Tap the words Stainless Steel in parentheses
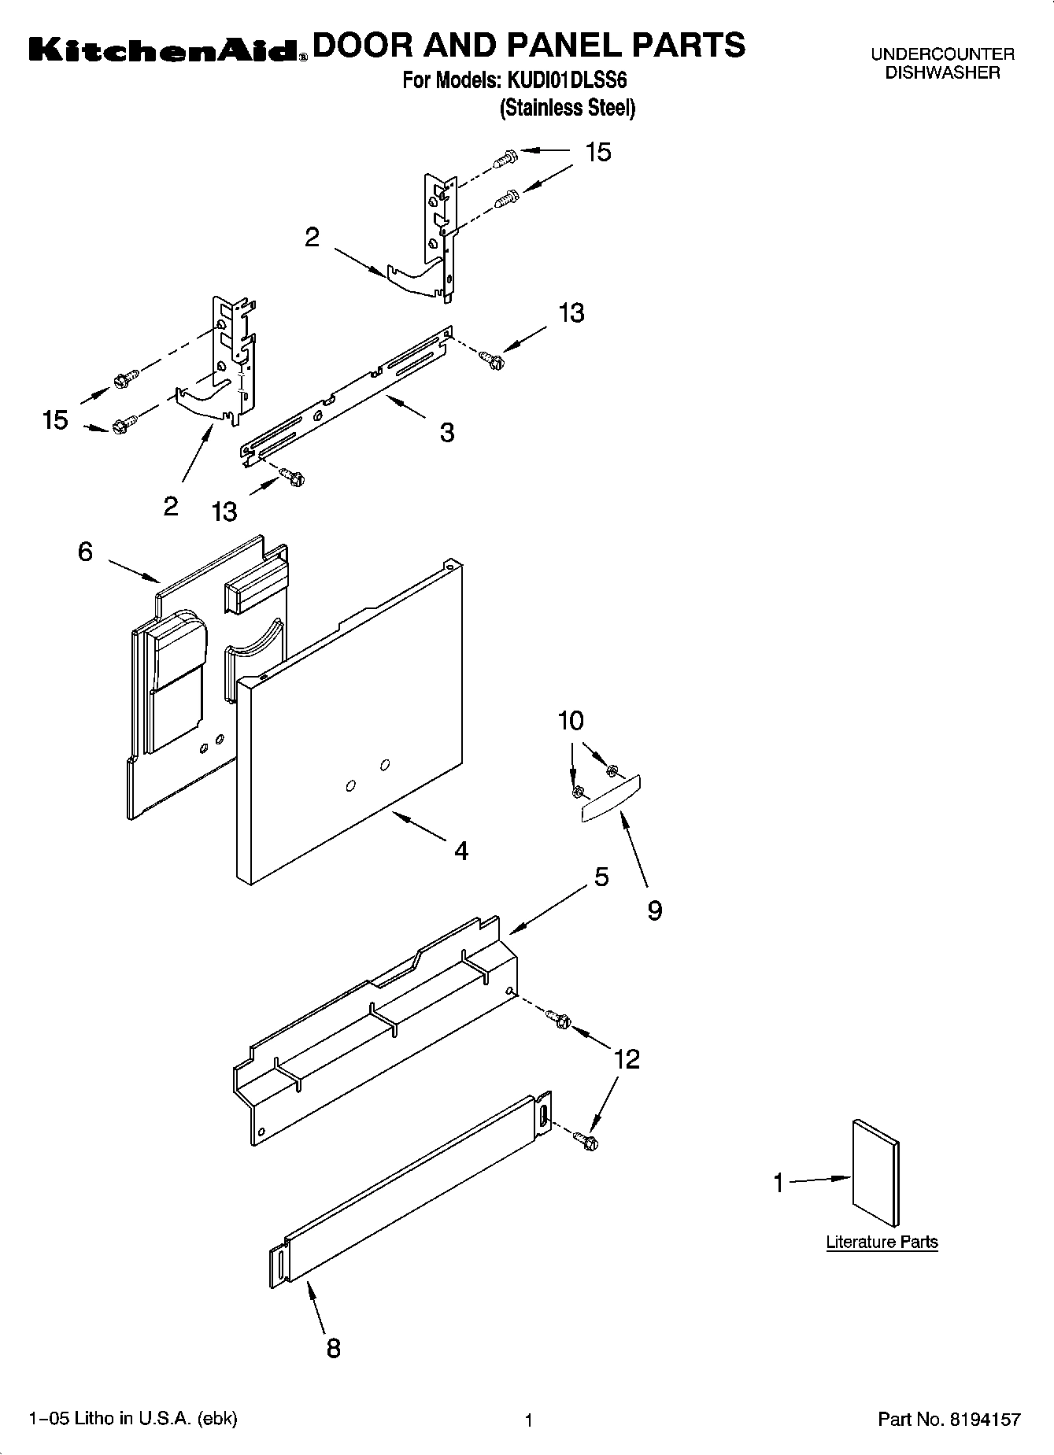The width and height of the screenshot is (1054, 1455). (x=567, y=108)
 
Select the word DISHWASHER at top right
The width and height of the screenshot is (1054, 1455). (x=942, y=73)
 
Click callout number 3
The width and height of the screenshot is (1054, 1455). (x=446, y=432)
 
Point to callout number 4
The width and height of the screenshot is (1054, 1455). (x=461, y=850)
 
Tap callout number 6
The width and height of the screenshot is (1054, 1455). (x=85, y=552)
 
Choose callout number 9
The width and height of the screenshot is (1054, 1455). (x=654, y=910)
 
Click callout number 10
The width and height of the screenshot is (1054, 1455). (x=571, y=720)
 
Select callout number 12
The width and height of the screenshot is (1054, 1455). (x=627, y=1058)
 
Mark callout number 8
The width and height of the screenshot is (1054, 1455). (x=333, y=1348)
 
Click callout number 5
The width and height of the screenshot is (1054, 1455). (x=601, y=876)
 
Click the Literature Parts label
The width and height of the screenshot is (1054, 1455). (x=882, y=1242)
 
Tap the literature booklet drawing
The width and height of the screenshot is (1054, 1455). (x=875, y=1173)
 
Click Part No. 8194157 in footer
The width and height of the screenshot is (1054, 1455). (x=949, y=1420)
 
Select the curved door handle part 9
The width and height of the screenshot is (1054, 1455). (x=612, y=800)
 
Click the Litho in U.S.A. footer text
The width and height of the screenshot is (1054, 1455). (x=132, y=1418)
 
